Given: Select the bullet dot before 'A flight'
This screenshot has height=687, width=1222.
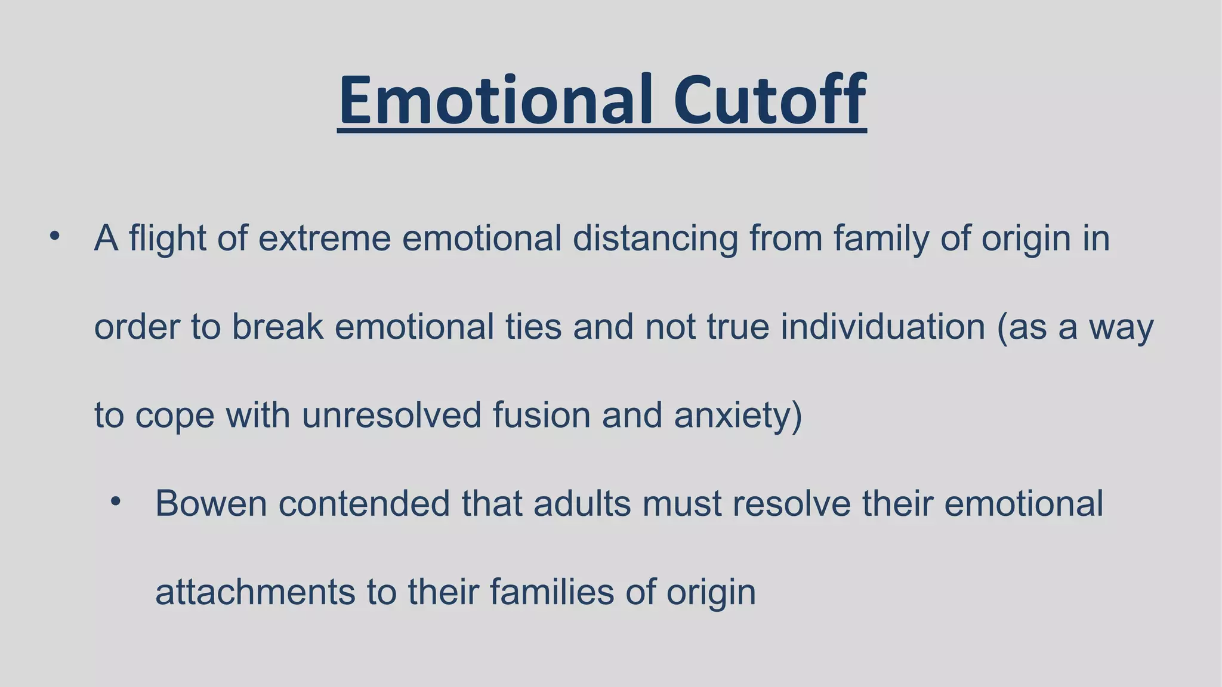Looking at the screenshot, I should click(x=55, y=236).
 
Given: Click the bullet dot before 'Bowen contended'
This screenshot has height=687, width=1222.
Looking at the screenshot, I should click(x=116, y=502).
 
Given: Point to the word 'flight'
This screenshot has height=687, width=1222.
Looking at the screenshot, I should click(x=166, y=238).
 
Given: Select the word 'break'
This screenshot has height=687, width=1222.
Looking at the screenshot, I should click(x=277, y=327).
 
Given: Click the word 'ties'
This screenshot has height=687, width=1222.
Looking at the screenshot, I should click(x=533, y=327).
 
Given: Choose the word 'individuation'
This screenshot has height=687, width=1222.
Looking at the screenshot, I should click(x=882, y=327).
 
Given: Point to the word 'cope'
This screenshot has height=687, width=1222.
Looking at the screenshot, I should click(x=174, y=416).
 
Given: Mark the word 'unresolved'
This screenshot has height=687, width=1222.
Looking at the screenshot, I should click(x=391, y=414).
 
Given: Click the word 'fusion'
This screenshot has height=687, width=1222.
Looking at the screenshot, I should click(x=541, y=414).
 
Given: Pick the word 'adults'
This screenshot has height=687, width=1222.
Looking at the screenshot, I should click(x=582, y=503).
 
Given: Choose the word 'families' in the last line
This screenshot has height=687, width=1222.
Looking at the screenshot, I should click(x=552, y=592).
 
